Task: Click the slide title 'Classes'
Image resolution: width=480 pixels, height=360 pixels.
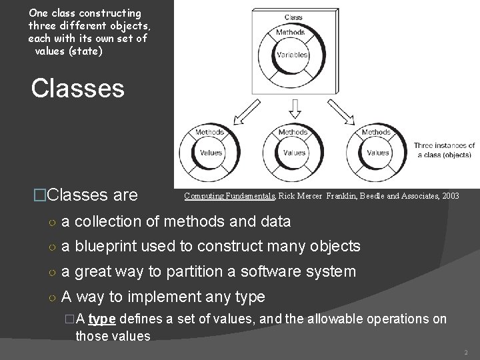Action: tap(77, 89)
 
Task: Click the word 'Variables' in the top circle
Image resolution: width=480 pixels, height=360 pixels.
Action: tap(294, 54)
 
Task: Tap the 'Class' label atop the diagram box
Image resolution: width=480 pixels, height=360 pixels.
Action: tap(294, 17)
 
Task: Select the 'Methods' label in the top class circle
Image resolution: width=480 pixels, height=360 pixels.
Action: tap(291, 32)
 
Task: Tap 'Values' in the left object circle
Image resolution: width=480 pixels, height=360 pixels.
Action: tap(211, 153)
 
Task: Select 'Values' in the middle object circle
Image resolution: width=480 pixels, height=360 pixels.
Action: tap(294, 153)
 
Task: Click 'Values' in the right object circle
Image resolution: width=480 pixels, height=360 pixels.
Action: tap(377, 153)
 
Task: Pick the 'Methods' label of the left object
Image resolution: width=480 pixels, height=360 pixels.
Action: tap(209, 132)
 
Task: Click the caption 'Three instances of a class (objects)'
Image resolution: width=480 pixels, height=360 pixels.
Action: tap(444, 150)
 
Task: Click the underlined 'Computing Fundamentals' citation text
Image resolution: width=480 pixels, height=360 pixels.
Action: tap(230, 196)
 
